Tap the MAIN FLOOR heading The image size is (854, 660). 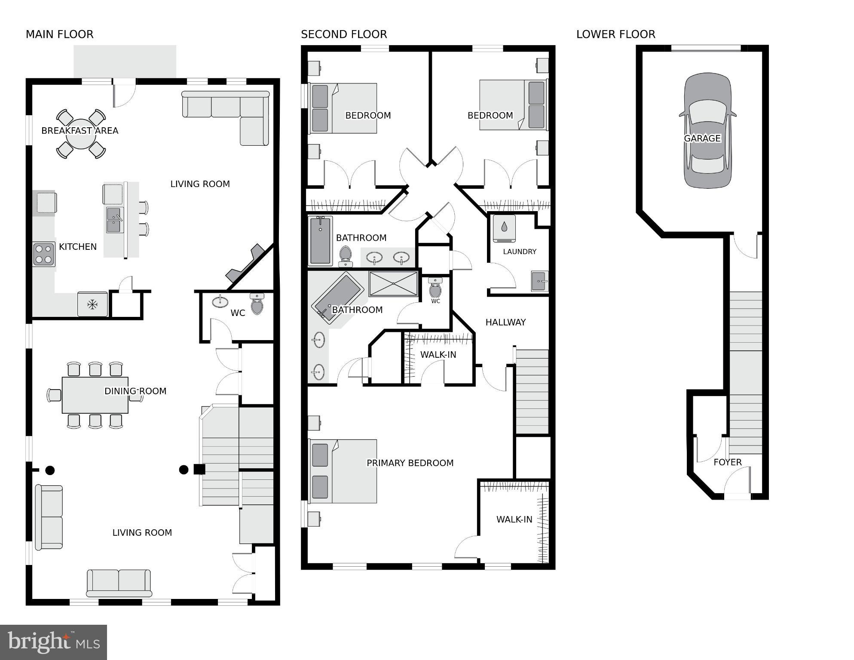tap(59, 34)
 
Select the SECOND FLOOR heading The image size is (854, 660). tap(344, 34)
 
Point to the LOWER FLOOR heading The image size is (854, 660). tap(615, 34)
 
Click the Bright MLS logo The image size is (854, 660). tap(53, 642)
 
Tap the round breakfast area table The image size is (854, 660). tap(81, 133)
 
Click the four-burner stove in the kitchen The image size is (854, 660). tap(44, 254)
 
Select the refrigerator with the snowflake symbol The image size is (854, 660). tap(92, 304)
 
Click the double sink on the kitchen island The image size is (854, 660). tap(114, 220)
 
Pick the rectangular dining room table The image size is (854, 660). tap(95, 395)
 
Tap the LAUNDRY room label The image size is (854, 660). tap(520, 252)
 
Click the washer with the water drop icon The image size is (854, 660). tap(504, 228)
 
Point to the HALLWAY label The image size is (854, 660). tap(505, 322)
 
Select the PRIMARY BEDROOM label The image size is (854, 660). tap(410, 463)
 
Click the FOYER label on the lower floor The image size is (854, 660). tap(727, 462)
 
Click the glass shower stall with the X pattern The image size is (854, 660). tap(393, 284)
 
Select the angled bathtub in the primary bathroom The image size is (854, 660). tap(337, 298)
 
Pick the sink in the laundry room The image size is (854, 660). tap(540, 281)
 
